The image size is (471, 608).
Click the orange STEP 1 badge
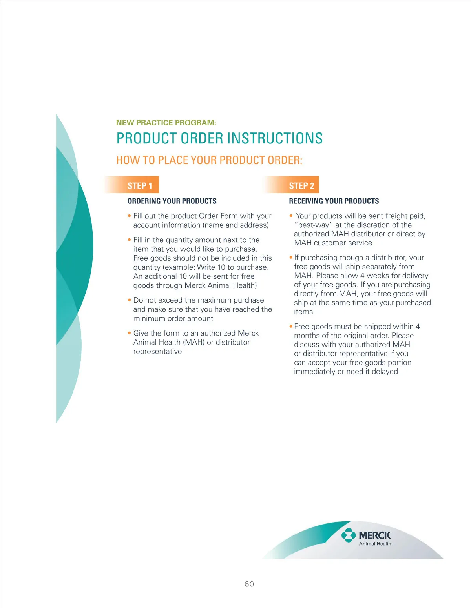click(x=139, y=185)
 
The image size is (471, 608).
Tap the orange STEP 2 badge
click(x=301, y=185)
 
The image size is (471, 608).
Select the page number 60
click(x=249, y=584)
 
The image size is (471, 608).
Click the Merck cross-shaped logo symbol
click(x=348, y=535)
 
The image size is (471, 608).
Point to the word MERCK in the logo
click(x=375, y=535)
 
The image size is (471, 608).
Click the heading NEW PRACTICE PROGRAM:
click(x=166, y=123)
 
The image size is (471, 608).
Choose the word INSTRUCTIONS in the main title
click(x=275, y=138)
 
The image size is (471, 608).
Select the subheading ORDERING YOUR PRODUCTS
click(x=172, y=201)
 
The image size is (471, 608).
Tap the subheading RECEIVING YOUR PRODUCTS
click(x=334, y=201)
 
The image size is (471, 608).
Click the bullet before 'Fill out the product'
click(x=129, y=216)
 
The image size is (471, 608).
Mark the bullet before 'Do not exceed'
click(x=129, y=300)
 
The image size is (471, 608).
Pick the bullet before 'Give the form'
click(x=129, y=333)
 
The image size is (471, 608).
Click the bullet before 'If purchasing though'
click(x=291, y=258)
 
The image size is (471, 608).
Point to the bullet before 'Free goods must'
click(x=291, y=327)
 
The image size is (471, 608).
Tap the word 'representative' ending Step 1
click(x=157, y=352)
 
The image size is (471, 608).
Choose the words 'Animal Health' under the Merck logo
click(x=375, y=544)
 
